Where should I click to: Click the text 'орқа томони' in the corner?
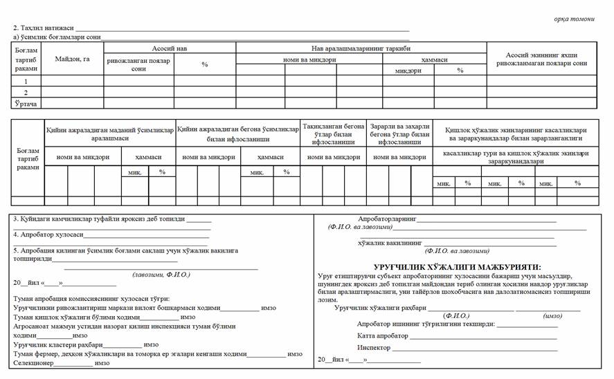(575, 19)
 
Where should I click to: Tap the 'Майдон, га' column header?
(73, 59)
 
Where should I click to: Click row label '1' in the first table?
(26, 80)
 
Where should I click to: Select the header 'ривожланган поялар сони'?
(138, 64)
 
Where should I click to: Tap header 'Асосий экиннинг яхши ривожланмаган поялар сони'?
(541, 59)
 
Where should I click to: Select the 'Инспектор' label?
(374, 347)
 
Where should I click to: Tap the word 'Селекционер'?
(33, 362)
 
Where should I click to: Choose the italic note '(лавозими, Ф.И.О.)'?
(161, 274)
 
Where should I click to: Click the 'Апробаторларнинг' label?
(386, 219)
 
